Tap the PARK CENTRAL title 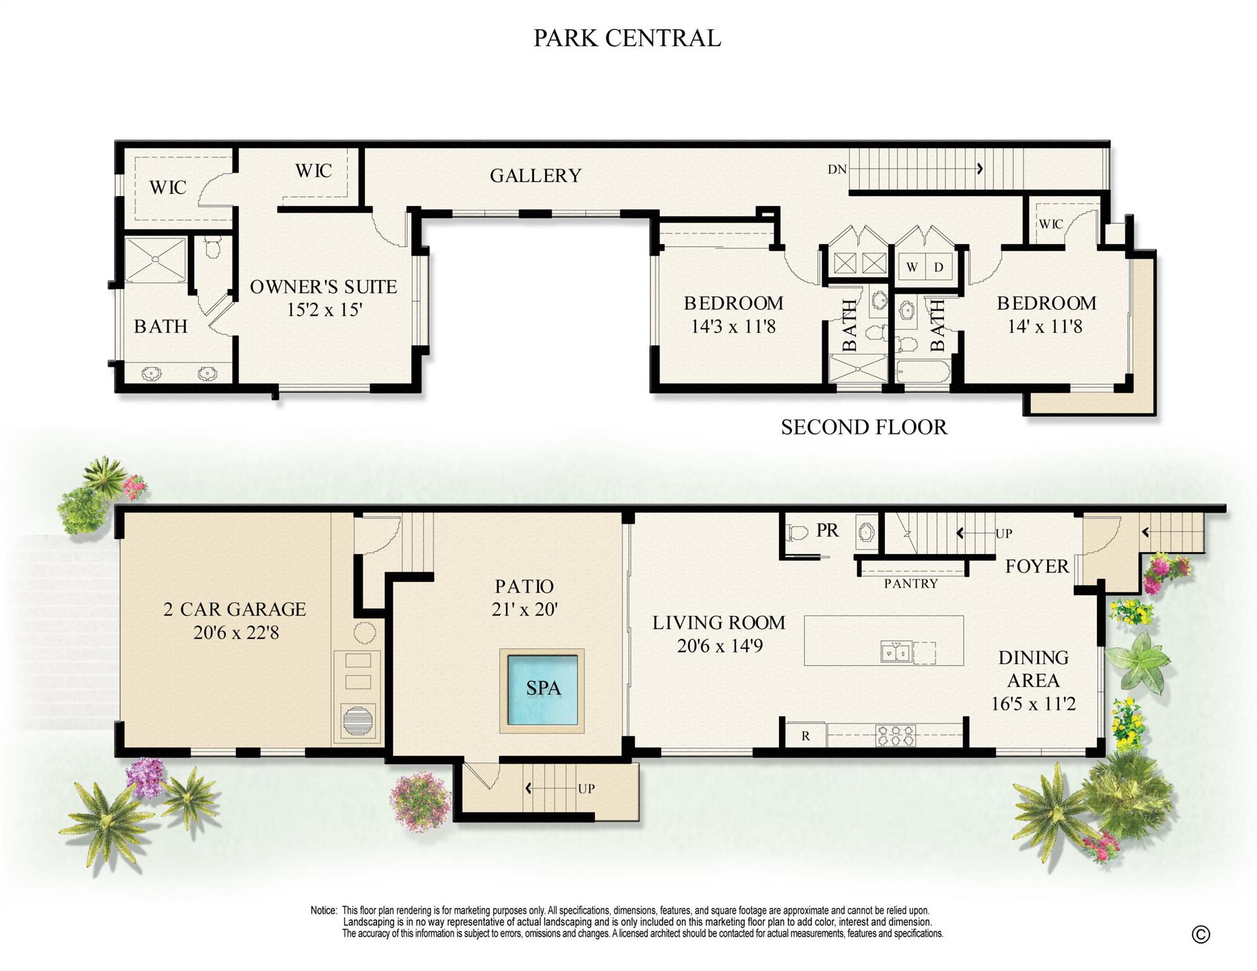click(x=627, y=38)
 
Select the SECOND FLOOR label click(x=864, y=427)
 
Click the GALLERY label click(x=535, y=175)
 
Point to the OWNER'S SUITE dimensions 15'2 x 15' click(x=324, y=310)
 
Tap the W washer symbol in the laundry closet click(x=912, y=267)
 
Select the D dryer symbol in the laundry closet click(x=939, y=267)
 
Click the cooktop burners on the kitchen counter click(x=896, y=735)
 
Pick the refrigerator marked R click(x=805, y=736)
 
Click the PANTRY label click(x=911, y=583)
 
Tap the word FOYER click(x=1037, y=566)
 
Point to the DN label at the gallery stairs click(x=837, y=169)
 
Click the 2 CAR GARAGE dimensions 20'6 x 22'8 click(x=236, y=633)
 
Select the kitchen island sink click(x=896, y=652)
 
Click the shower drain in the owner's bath click(x=154, y=259)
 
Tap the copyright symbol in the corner click(x=1200, y=934)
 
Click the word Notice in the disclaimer click(x=323, y=910)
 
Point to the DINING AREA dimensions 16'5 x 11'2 click(x=1033, y=703)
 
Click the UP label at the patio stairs click(x=586, y=789)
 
